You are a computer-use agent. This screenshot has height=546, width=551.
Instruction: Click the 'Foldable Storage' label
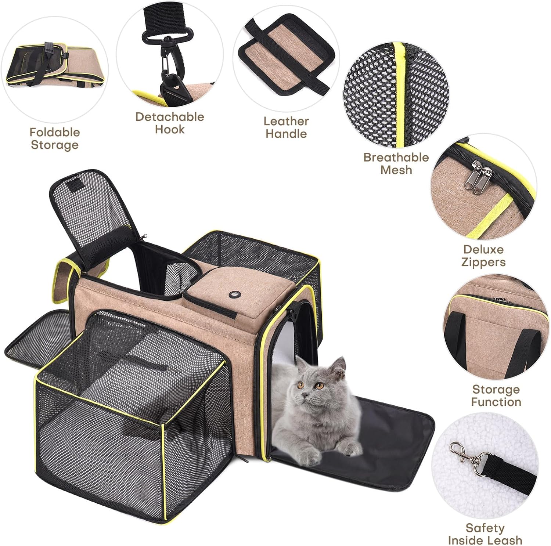click(55, 138)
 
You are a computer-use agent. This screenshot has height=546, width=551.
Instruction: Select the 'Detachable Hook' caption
click(170, 123)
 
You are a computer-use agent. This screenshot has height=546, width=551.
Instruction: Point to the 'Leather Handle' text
click(286, 127)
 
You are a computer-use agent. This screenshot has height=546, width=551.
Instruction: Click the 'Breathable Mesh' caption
click(396, 163)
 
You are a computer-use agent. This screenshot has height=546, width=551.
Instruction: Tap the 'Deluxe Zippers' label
click(483, 256)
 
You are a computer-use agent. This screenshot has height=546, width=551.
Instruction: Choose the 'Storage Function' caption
click(496, 395)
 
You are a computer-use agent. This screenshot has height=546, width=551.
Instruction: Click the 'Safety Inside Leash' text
click(485, 534)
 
